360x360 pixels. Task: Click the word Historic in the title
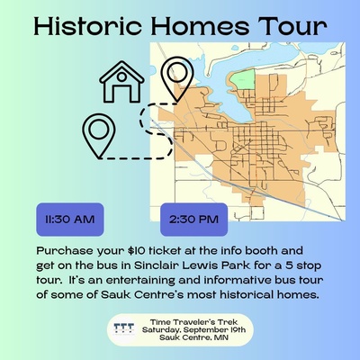coord(87,26)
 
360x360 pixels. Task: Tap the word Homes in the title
coord(200,26)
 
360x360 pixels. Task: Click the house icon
coord(121,82)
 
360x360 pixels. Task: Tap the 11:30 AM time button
coord(70,220)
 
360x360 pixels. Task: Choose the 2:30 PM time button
coord(193,220)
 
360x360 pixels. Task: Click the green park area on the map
coord(243,79)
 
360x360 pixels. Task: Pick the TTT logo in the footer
coord(124,329)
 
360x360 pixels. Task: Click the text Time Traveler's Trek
coord(193,322)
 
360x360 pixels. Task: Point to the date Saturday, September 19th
coord(193,330)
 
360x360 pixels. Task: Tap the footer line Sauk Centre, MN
coord(193,337)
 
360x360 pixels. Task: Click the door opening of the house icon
coord(121,93)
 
